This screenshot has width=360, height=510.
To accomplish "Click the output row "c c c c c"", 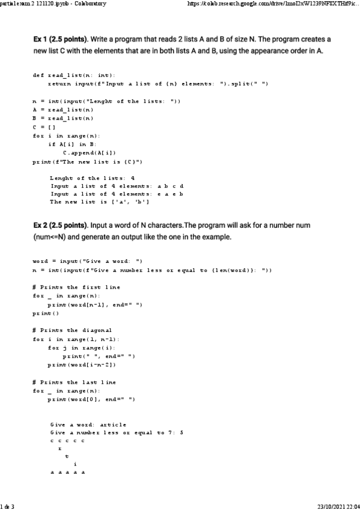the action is point(67,441).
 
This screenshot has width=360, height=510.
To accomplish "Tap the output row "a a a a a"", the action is point(67,472).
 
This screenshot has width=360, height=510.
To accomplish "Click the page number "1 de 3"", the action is point(8,505).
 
